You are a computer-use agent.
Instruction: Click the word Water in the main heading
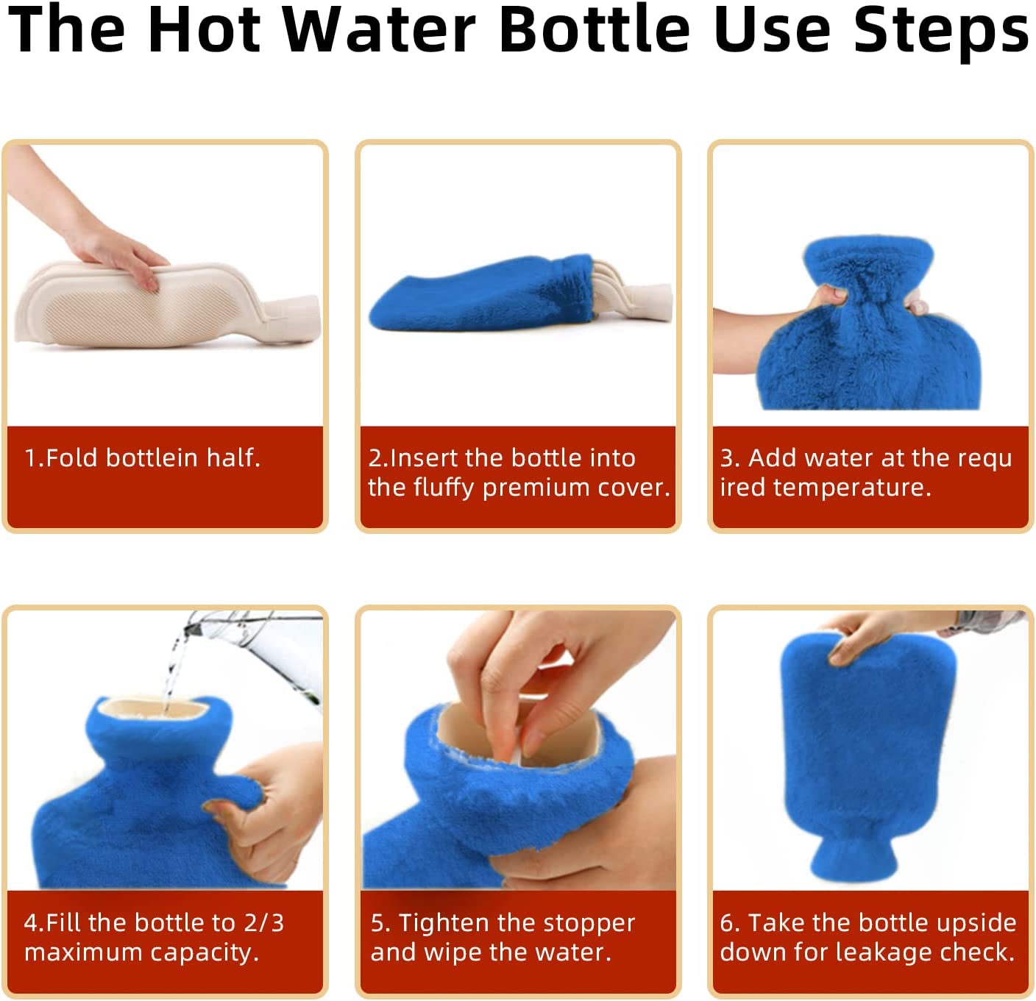click(x=379, y=30)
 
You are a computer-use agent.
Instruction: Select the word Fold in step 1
click(x=72, y=457)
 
